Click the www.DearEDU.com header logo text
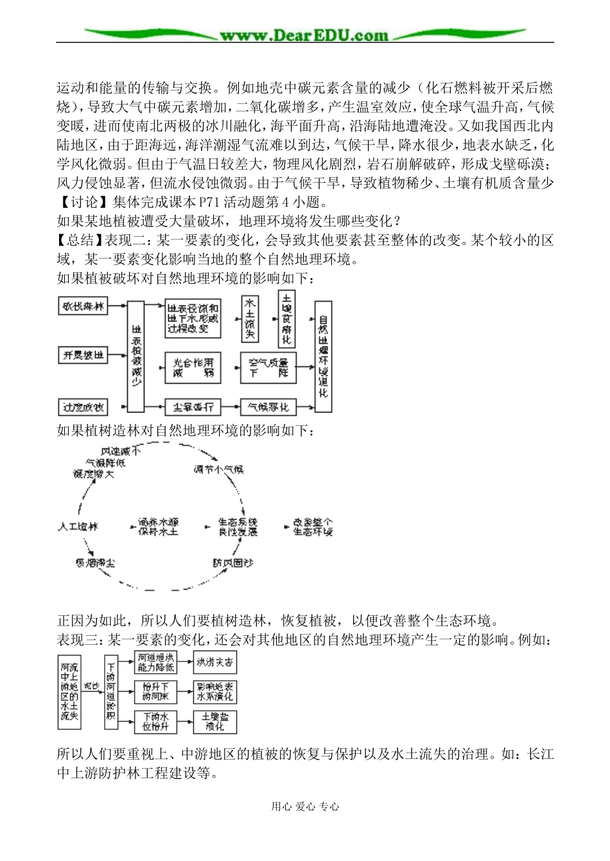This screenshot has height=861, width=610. click(304, 35)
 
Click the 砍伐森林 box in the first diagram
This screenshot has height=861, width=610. click(83, 307)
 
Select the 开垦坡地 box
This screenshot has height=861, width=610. click(83, 355)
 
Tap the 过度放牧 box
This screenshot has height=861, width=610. click(83, 406)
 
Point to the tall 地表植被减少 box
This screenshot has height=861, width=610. click(136, 357)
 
